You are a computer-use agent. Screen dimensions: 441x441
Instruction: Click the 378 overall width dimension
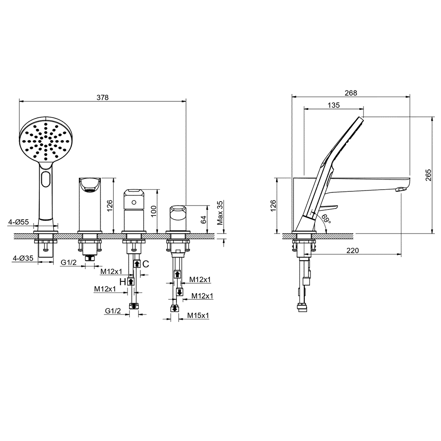click(102, 97)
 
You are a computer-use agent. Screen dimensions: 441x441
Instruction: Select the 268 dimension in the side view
click(351, 93)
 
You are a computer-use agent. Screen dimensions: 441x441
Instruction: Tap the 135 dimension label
click(334, 105)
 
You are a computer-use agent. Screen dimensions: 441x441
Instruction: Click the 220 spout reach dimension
click(352, 250)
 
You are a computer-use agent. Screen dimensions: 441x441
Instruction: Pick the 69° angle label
click(326, 219)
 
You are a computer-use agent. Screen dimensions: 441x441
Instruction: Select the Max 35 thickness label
click(220, 213)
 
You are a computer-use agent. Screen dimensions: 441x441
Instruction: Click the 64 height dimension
click(204, 219)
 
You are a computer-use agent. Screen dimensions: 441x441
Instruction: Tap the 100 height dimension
click(153, 211)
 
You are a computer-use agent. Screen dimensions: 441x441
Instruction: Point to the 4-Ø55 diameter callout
click(19, 222)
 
